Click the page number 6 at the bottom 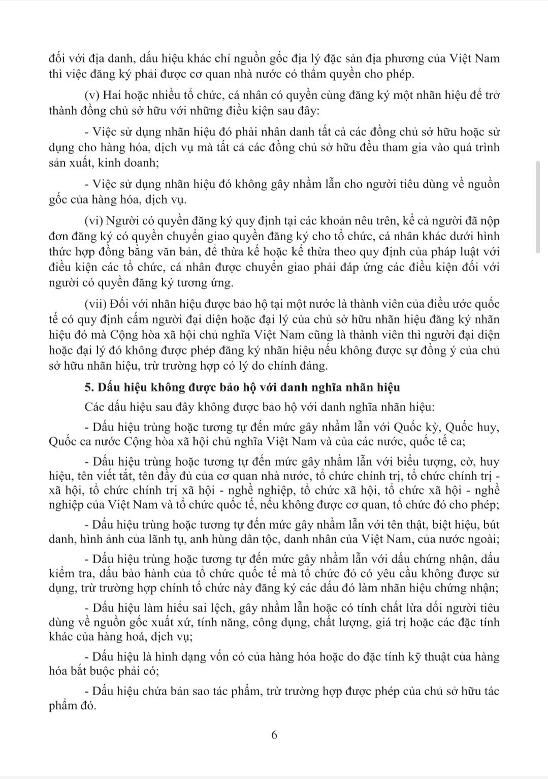pos(274,735)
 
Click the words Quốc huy pos(476,427)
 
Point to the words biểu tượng pos(410,462)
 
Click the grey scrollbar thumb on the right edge pos(538,206)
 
